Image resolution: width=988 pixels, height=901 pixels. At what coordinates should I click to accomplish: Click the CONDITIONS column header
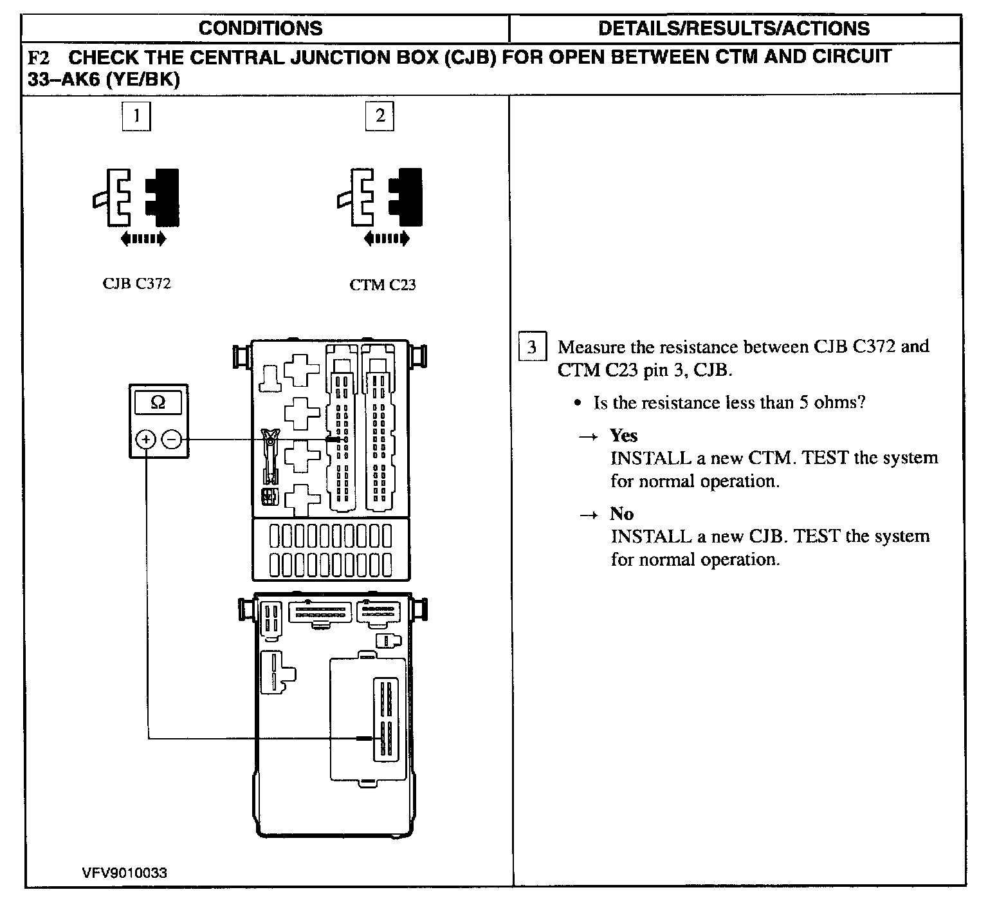(260, 28)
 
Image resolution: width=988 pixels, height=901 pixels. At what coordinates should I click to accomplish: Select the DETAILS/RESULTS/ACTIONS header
(733, 28)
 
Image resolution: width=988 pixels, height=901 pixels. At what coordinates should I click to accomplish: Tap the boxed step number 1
(136, 117)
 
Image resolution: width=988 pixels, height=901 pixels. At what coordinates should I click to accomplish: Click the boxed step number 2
(380, 117)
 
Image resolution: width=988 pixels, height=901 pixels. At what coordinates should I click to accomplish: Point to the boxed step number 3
(532, 348)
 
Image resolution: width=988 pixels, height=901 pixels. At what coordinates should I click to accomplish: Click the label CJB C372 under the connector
(137, 284)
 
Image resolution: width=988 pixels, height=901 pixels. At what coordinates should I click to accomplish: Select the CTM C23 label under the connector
(383, 284)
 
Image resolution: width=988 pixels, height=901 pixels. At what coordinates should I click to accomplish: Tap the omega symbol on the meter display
(158, 403)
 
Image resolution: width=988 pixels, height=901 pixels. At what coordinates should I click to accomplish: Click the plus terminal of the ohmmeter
(146, 440)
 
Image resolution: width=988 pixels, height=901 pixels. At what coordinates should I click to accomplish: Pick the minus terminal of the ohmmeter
(172, 440)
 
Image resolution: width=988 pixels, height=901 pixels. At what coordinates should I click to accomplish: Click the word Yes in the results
(623, 436)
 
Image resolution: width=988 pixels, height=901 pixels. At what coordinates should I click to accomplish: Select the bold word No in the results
(621, 514)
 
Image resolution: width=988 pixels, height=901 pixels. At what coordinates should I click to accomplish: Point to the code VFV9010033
(125, 873)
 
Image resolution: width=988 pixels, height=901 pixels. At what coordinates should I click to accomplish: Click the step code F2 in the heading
(39, 58)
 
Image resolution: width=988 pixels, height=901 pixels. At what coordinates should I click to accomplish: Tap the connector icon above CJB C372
(136, 197)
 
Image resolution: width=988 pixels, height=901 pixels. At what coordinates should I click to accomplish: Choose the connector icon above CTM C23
(380, 197)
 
